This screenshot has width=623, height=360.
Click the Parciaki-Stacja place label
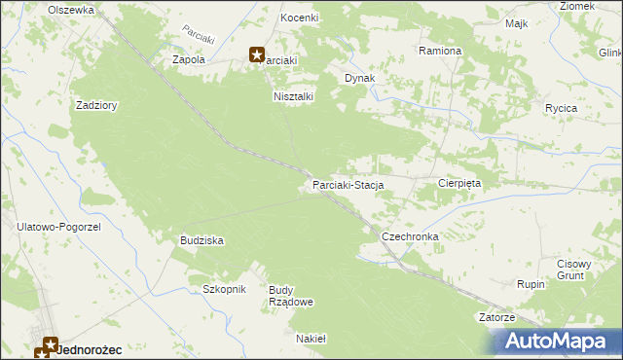348,184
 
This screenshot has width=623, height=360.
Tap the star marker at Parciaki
257,56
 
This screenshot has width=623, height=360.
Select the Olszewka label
71,9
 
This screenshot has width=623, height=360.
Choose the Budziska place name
202,239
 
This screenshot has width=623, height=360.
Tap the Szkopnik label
224,289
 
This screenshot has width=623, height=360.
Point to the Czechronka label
410,236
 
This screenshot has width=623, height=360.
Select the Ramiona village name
440,50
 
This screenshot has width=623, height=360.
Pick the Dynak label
360,78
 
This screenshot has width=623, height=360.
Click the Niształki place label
293,96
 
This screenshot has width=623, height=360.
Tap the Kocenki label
300,18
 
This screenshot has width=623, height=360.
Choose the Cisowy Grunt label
574,269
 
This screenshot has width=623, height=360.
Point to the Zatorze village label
496,317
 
